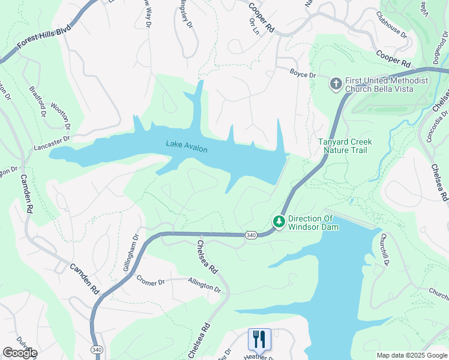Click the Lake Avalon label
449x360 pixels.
pyautogui.click(x=187, y=145)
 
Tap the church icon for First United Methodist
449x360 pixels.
pyautogui.click(x=336, y=83)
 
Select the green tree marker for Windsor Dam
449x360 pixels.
pyautogui.click(x=279, y=222)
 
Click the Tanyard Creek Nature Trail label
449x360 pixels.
pyautogui.click(x=345, y=146)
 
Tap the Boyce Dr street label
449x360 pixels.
pyautogui.click(x=303, y=75)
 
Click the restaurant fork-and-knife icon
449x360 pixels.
pyautogui.click(x=259, y=339)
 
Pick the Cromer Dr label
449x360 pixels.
pyautogui.click(x=150, y=280)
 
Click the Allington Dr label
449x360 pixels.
pyautogui.click(x=204, y=284)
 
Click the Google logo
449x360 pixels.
pyautogui.click(x=20, y=353)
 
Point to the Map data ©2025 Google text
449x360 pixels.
pyautogui.click(x=411, y=355)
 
